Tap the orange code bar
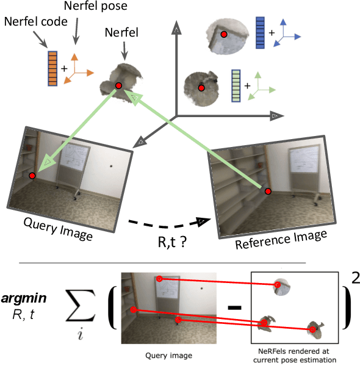[x=52, y=68]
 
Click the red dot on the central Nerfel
[x=118, y=85]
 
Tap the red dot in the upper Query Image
[x=32, y=176]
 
